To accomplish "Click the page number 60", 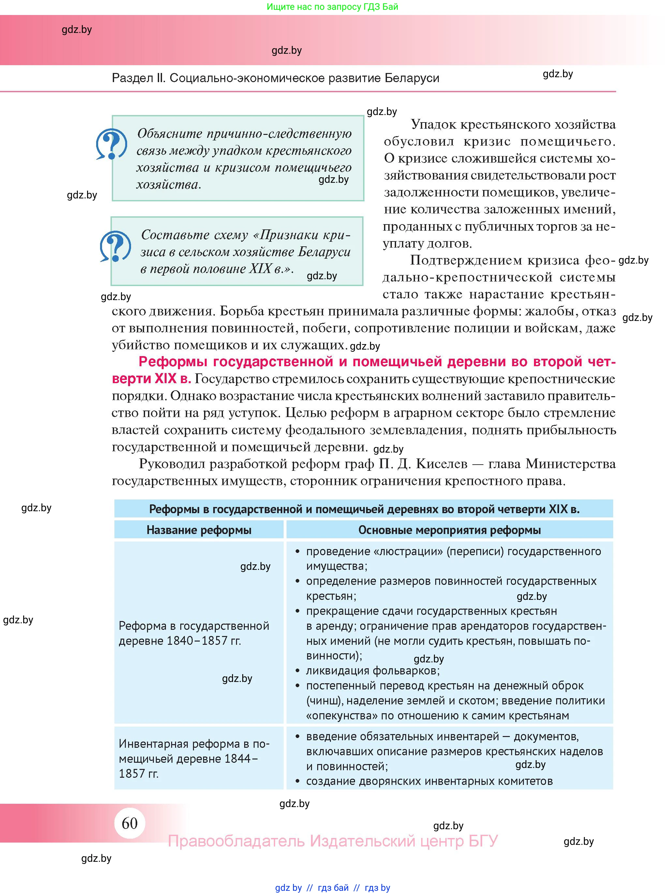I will pyautogui.click(x=129, y=823).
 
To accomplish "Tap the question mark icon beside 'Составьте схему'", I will pyautogui.click(x=115, y=246).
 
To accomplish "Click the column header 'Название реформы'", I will pyautogui.click(x=199, y=530).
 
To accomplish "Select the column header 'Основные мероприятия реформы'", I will pyautogui.click(x=449, y=530).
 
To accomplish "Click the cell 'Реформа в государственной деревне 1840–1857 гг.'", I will pyautogui.click(x=194, y=633).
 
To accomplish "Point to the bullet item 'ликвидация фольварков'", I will pyautogui.click(x=373, y=671).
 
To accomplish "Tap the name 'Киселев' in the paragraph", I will pyautogui.click(x=441, y=464).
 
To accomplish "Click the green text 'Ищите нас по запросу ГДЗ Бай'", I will pyautogui.click(x=332, y=7).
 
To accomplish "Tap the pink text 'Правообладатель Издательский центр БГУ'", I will pyautogui.click(x=333, y=841).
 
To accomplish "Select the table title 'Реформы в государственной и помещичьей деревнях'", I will pyautogui.click(x=363, y=509).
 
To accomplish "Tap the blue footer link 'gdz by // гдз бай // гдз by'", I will pyautogui.click(x=332, y=888).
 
